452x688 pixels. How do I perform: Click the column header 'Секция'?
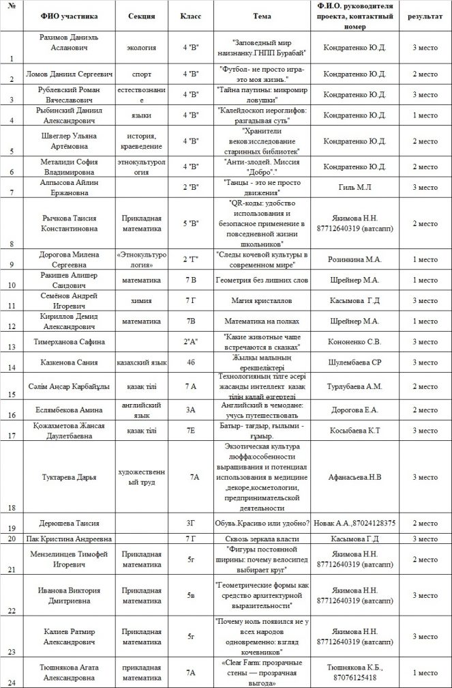(x=142, y=14)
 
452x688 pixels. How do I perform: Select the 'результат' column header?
(x=425, y=14)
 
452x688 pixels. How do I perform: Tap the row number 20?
(x=12, y=539)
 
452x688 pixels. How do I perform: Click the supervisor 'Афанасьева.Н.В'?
(x=355, y=477)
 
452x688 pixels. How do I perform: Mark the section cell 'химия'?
(x=142, y=300)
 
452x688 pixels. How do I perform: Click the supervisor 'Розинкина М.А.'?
(x=355, y=259)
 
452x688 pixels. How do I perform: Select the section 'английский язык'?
(x=142, y=410)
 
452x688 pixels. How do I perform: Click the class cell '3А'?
(x=191, y=410)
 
